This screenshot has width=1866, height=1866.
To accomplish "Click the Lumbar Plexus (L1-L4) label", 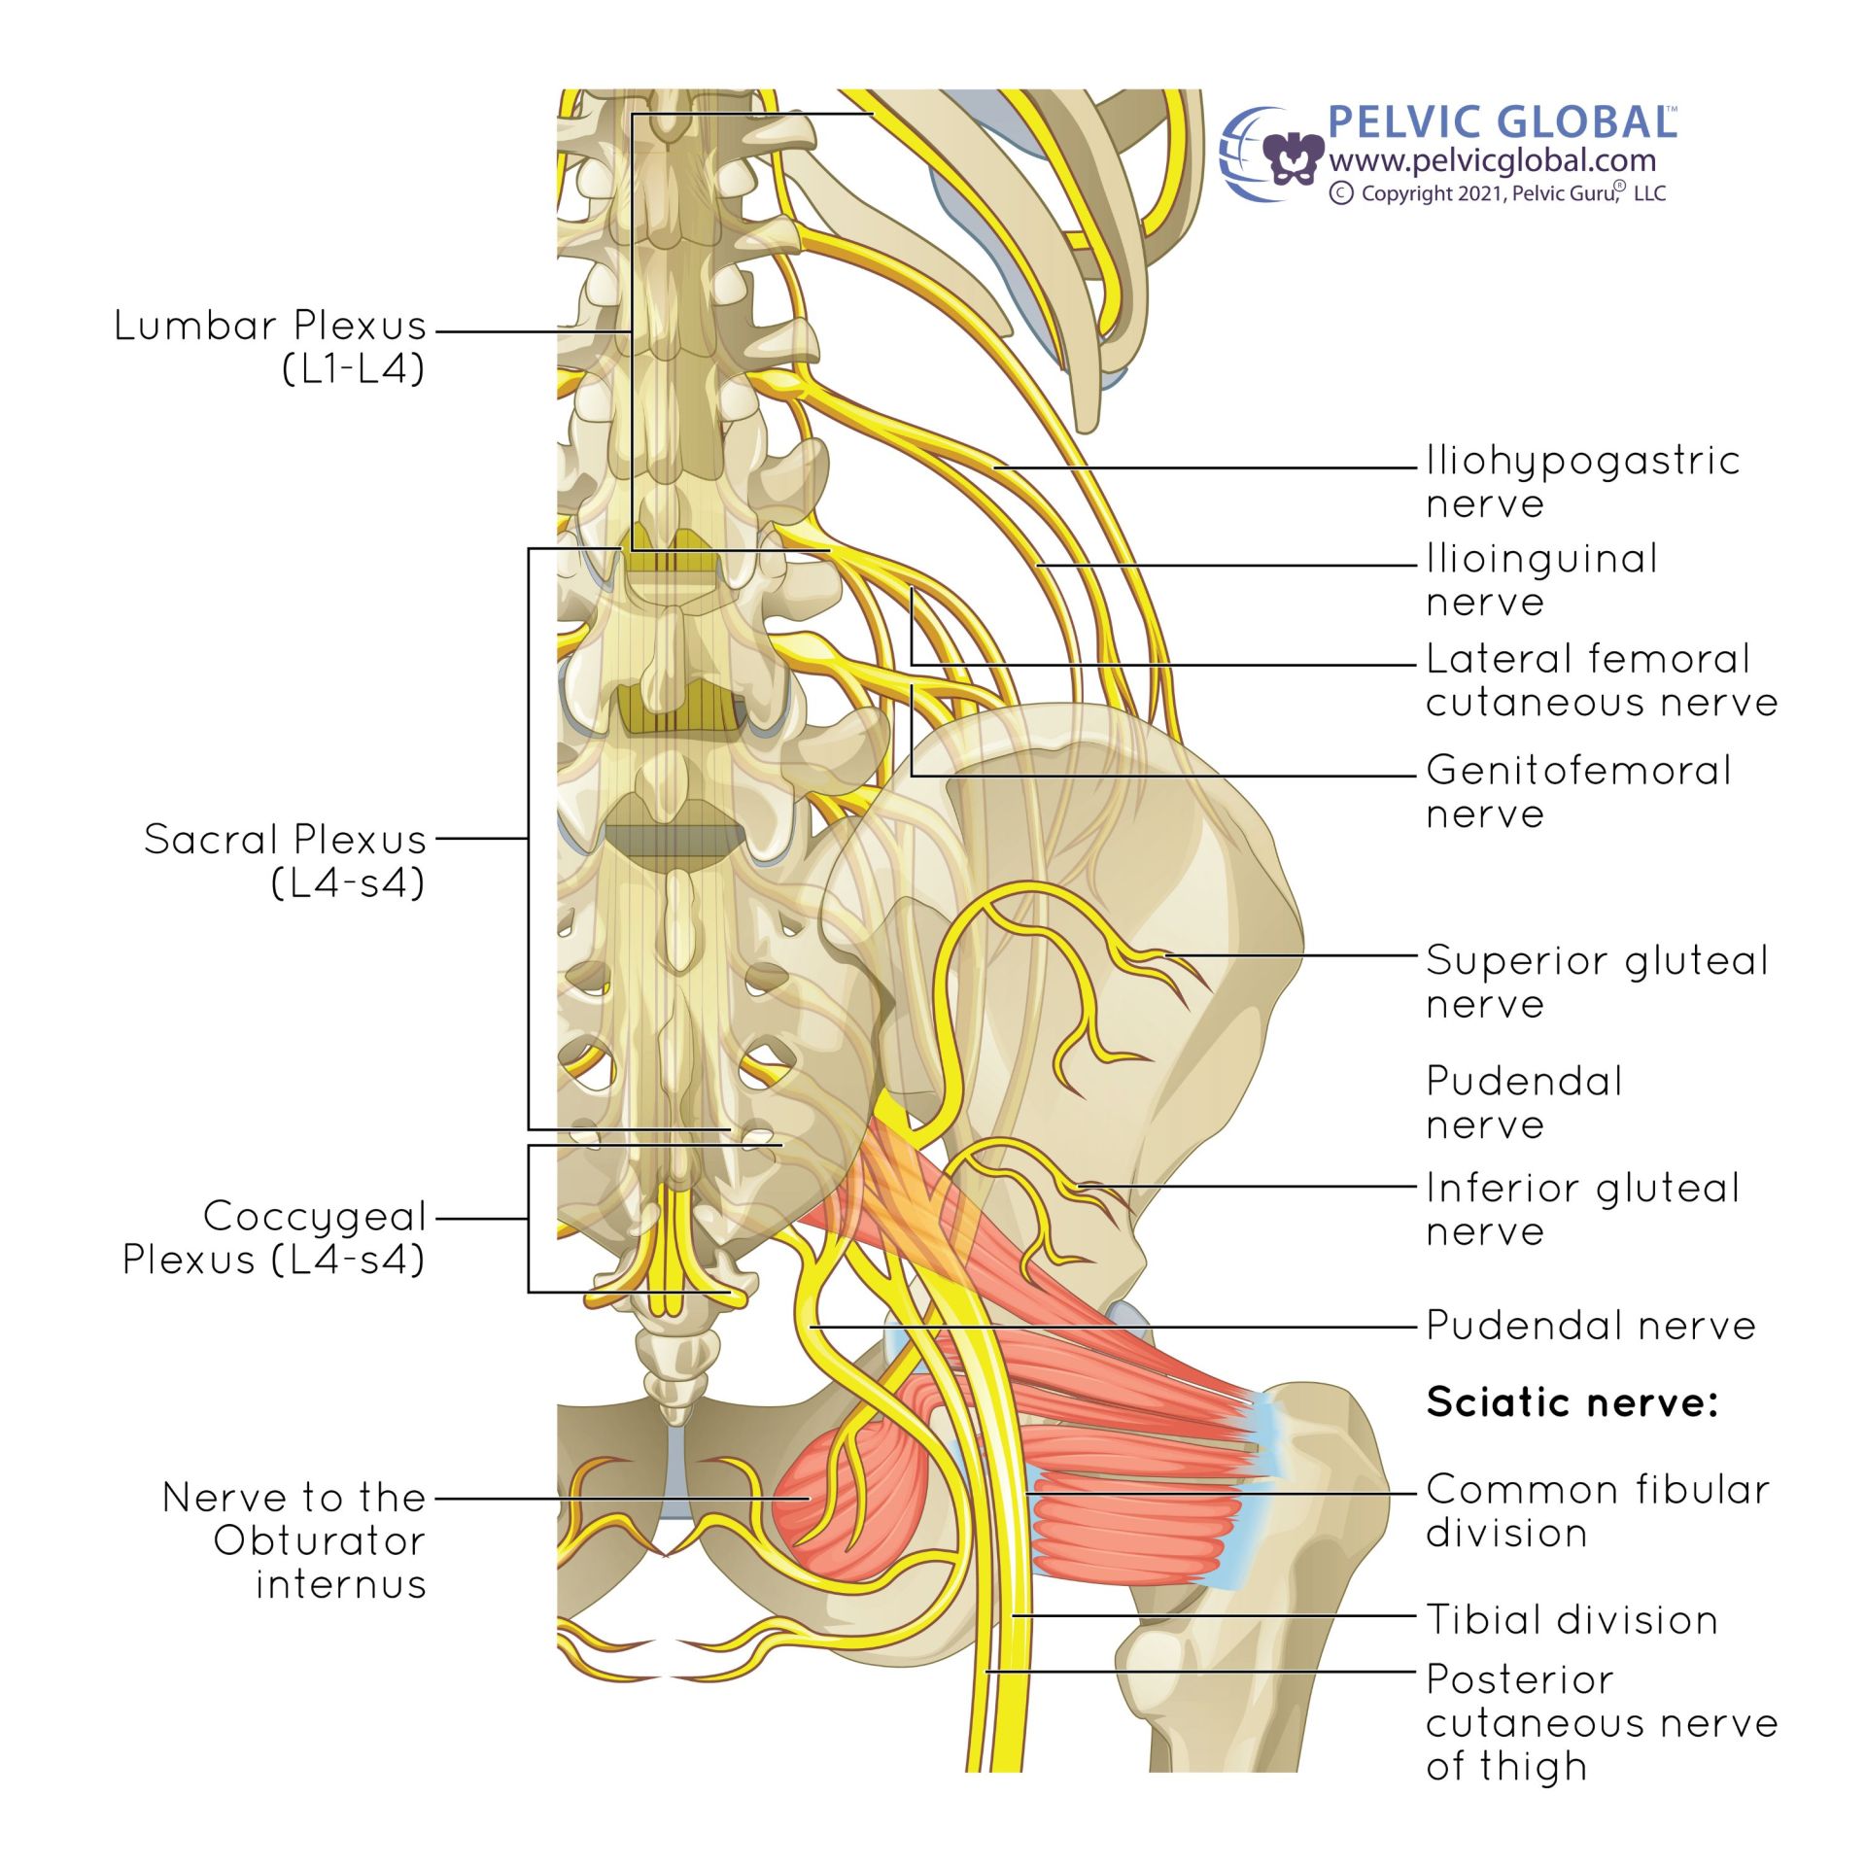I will [x=270, y=346].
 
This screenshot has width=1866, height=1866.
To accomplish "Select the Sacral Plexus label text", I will [x=285, y=860].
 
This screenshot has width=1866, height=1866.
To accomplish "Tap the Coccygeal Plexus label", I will [x=275, y=1237].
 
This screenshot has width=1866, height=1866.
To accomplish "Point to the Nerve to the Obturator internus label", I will [x=294, y=1540].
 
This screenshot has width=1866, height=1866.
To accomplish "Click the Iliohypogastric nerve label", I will [x=1581, y=481].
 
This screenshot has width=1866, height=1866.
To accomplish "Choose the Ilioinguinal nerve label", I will [x=1541, y=579].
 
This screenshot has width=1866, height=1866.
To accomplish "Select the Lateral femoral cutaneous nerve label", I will [x=1601, y=679].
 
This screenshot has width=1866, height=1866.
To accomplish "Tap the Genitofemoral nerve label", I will [x=1578, y=791].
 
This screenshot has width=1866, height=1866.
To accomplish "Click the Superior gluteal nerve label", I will [x=1596, y=981].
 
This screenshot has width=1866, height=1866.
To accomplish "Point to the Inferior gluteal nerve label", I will [x=1582, y=1208].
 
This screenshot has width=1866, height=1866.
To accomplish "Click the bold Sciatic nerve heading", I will [x=1572, y=1401].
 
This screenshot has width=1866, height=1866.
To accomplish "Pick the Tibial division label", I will [x=1572, y=1619].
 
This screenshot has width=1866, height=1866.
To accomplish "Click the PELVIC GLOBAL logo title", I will [x=1501, y=123].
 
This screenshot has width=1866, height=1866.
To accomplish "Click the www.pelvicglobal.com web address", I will [x=1492, y=160].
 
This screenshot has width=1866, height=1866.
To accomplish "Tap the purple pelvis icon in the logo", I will [x=1293, y=158].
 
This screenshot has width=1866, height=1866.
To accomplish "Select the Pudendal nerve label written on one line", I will [x=1590, y=1326].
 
